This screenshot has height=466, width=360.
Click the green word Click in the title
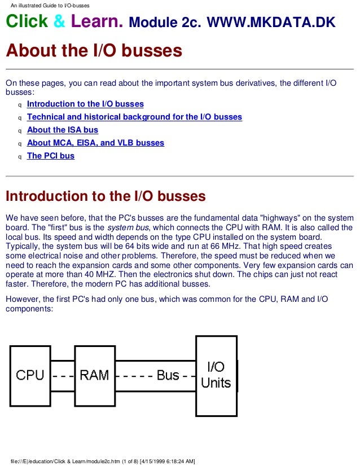(27, 22)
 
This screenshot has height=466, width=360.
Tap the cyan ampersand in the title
(60, 23)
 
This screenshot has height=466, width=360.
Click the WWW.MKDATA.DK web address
(271, 23)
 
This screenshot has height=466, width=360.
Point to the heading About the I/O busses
(94, 51)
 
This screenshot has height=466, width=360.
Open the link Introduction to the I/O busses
(85, 104)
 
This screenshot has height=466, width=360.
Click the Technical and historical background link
(134, 117)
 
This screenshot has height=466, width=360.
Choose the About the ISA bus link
(62, 130)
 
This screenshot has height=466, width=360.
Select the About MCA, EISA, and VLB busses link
(95, 143)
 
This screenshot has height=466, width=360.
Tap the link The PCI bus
(50, 156)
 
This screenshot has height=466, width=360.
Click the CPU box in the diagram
(30, 375)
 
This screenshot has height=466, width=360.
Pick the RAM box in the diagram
(94, 375)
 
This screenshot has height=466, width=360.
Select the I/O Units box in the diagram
(216, 375)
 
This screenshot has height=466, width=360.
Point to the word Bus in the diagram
(168, 375)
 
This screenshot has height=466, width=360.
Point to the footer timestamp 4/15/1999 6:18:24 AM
(168, 461)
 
